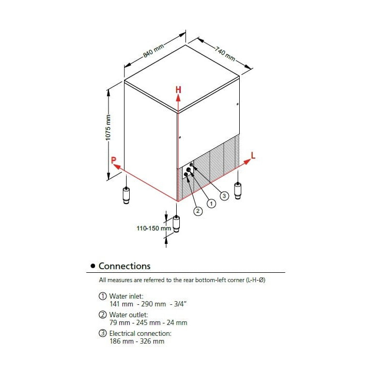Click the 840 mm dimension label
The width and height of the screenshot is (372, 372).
(x=153, y=51)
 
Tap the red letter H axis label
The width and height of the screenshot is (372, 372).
(x=178, y=90)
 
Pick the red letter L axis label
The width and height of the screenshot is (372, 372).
(x=253, y=155)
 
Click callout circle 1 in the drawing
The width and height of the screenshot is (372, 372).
(x=211, y=204)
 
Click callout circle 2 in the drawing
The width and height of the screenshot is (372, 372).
(x=197, y=211)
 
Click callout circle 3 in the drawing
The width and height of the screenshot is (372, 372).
(x=224, y=196)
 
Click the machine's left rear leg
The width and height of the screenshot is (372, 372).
(x=127, y=195)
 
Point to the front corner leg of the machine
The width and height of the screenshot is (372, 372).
(x=177, y=224)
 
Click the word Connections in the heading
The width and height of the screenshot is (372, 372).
(x=125, y=266)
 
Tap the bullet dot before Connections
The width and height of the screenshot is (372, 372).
(x=92, y=266)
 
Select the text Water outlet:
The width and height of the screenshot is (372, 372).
(x=128, y=315)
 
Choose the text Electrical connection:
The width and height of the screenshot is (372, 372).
(x=139, y=333)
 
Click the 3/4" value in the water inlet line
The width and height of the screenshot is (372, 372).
(x=178, y=304)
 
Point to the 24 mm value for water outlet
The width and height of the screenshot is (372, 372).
(x=178, y=322)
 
